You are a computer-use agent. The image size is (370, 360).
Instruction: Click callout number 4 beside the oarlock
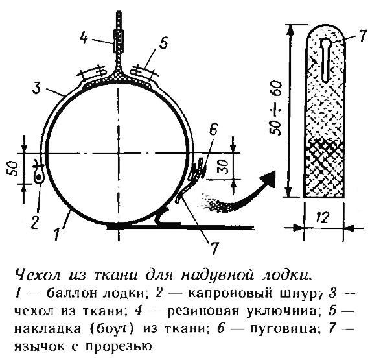[84, 38]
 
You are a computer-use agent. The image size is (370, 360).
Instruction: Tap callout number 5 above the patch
[163, 43]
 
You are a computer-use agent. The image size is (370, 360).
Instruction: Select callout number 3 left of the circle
[37, 88]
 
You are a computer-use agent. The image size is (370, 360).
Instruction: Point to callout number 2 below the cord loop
[35, 222]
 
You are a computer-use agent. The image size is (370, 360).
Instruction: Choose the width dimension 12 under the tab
[323, 217]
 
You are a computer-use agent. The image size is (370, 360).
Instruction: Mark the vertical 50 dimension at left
[14, 169]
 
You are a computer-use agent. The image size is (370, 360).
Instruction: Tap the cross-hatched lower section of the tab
[325, 169]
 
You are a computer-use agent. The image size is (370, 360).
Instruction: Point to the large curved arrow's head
[268, 179]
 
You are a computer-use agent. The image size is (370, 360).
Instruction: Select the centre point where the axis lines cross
[119, 154]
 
